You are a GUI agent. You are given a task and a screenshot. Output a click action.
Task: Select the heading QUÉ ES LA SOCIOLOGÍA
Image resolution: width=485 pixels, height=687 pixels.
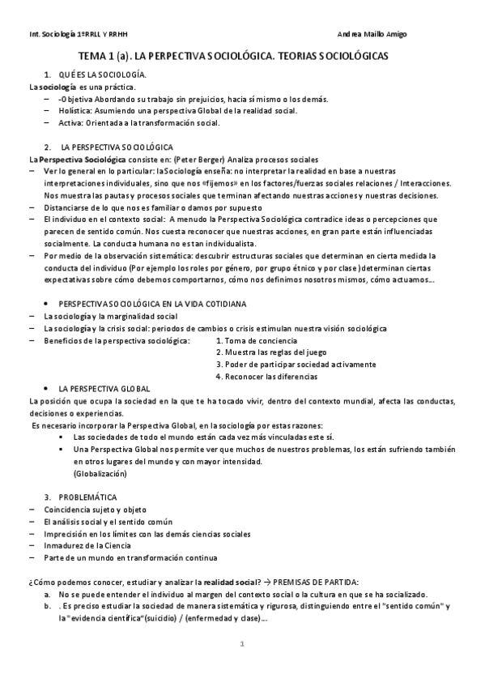click(102, 75)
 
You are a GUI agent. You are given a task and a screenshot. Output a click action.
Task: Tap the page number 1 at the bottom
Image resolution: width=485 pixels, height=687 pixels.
click(242, 644)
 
